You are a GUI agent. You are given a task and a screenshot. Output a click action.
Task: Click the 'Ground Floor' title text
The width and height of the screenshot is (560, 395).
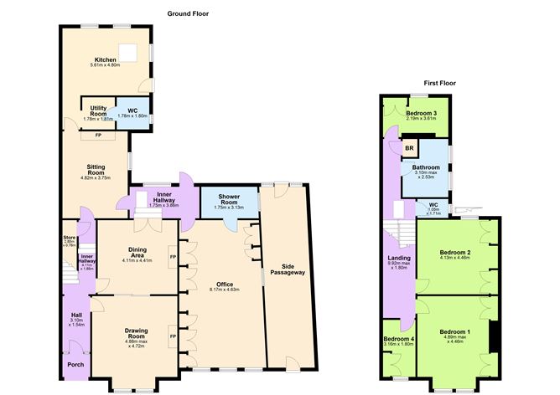(x=189, y=13)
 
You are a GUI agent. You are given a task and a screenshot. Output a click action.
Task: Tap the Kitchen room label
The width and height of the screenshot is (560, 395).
(x=105, y=59)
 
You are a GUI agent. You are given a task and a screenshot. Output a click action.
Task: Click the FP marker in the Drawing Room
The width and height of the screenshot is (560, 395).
(x=172, y=336)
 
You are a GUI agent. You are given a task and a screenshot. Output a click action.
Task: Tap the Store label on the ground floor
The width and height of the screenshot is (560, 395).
(x=69, y=238)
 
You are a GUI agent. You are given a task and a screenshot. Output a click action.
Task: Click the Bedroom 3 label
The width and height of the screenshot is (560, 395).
(x=422, y=113)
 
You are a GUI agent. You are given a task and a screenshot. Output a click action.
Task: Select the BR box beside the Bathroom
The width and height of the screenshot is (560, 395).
(x=410, y=150)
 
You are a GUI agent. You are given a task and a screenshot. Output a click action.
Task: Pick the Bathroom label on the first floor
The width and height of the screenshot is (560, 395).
(x=423, y=167)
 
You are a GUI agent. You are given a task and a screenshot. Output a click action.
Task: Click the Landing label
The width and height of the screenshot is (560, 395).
(x=398, y=259)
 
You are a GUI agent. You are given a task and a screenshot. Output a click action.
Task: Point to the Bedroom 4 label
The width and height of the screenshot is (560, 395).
(x=398, y=338)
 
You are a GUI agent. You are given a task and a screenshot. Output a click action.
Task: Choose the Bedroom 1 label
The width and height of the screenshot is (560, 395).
(x=457, y=332)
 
